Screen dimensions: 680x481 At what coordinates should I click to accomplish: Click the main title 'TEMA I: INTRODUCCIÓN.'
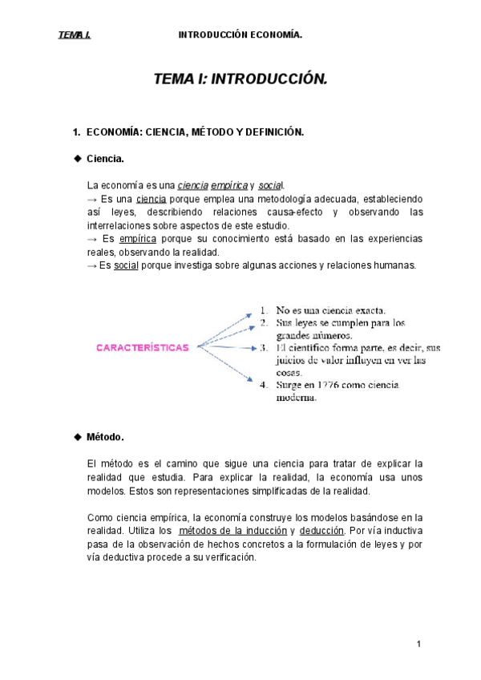point(240,80)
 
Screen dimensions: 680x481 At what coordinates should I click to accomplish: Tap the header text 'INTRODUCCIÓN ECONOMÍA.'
point(240,35)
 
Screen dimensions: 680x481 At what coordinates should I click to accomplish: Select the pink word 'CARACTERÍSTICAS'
point(143,347)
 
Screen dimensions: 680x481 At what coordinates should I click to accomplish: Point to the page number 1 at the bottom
point(418,644)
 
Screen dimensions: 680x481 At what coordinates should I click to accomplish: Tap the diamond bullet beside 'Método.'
point(78,437)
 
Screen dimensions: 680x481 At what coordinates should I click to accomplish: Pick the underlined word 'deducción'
point(321,531)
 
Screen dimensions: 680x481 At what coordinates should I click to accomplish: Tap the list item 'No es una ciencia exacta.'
point(331,310)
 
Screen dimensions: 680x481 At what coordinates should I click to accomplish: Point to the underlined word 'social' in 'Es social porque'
point(127,266)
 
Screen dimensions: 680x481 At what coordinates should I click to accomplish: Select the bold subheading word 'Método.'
point(105,437)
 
